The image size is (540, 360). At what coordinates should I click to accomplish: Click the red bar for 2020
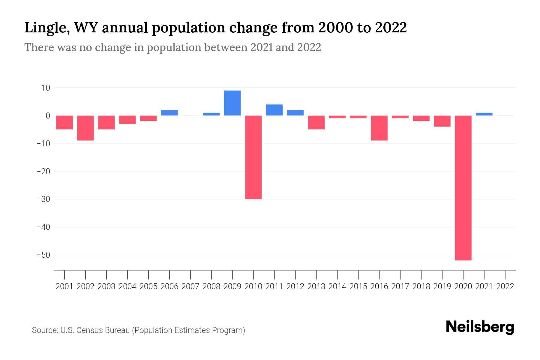coord(463,188)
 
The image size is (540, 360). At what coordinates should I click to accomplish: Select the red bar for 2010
coord(253,157)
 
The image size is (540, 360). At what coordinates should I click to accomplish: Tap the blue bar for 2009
coord(232,103)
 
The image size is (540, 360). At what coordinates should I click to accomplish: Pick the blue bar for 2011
coord(274,110)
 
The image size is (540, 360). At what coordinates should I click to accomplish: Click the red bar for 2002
coord(85,128)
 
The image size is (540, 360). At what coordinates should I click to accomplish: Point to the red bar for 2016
coord(379,128)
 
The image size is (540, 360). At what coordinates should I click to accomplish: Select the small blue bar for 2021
coord(484,114)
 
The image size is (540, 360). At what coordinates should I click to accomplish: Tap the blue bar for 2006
coord(169,113)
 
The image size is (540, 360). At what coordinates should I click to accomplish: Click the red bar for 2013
coord(316,122)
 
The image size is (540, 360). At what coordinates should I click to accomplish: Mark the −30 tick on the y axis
coord(43,199)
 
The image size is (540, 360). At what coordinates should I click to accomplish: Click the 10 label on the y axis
coord(46,88)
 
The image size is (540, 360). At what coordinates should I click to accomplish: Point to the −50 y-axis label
coord(43,255)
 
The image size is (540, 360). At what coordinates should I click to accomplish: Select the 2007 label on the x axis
coord(190,286)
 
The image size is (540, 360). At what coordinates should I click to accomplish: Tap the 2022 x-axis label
coord(505,286)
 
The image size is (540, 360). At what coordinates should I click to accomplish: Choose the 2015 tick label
coord(358,286)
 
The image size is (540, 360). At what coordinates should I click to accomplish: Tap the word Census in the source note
coord(90,330)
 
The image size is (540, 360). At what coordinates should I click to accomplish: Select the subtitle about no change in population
coord(172,47)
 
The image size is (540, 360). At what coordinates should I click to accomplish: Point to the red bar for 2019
coord(442,121)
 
